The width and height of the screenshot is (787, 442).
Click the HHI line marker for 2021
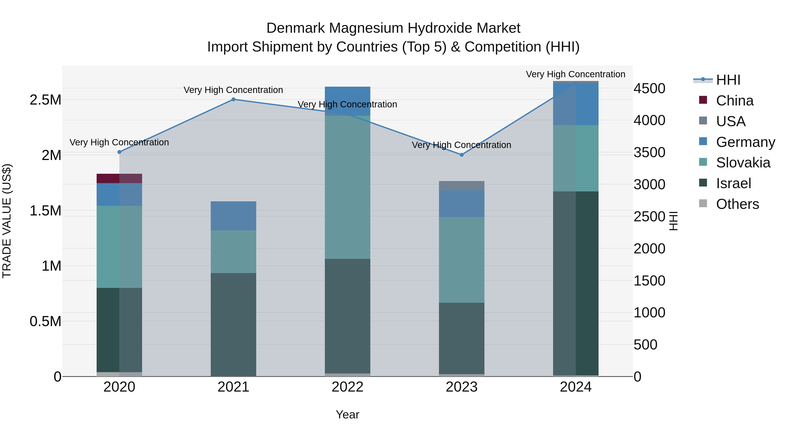[x=233, y=99]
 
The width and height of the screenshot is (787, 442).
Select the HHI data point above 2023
[x=462, y=155]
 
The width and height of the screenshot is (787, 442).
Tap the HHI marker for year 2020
[x=119, y=152]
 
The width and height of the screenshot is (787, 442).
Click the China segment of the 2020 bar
[x=119, y=179]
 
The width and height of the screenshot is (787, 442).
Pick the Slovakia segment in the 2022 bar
[x=347, y=187]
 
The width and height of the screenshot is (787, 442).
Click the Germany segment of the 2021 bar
[x=233, y=216]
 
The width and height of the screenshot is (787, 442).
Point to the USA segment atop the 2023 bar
[x=462, y=186]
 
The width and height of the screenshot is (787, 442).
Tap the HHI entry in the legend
[x=728, y=80]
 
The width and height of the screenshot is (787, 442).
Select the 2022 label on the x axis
[x=347, y=387]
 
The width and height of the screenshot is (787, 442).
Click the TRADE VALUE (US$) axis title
[x=7, y=221]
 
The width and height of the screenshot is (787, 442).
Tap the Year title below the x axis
[x=347, y=414]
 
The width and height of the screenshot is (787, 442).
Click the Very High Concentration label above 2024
[x=575, y=74]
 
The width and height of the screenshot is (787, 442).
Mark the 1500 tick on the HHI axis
[x=649, y=281]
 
